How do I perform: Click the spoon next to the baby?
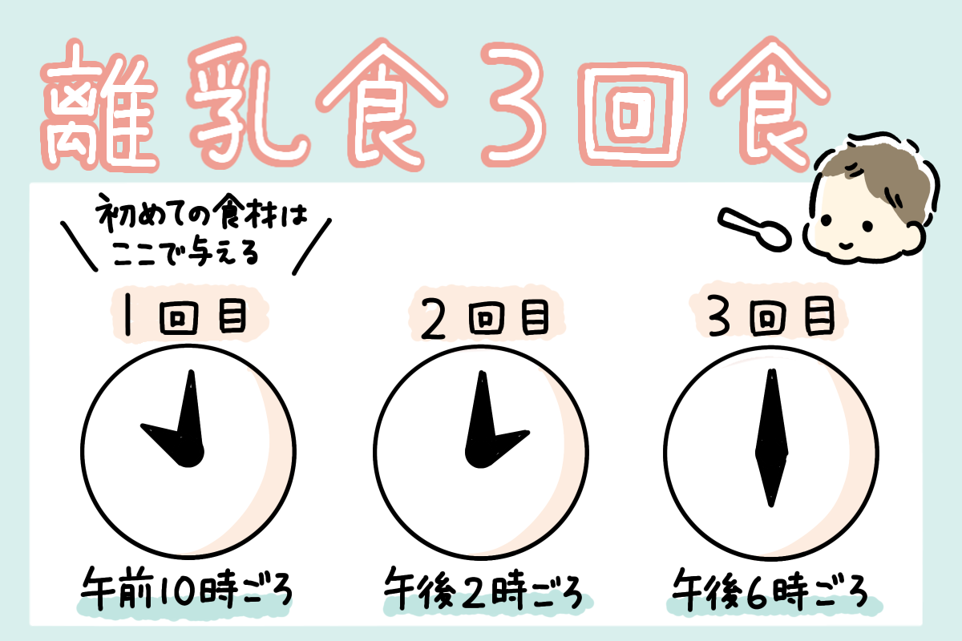tap(754, 230)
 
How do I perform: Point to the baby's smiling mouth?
tap(846, 245)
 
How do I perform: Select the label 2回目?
tap(485, 318)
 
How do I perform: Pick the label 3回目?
tap(771, 316)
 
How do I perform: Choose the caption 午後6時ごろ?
tap(770, 590)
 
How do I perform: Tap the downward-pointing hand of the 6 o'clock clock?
tap(771, 480)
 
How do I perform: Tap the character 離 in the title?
tap(99, 107)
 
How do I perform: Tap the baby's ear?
tap(916, 237)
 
